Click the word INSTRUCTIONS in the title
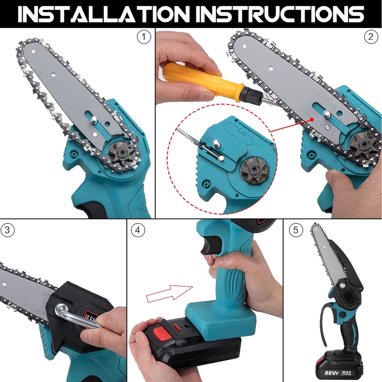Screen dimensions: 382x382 [280, 14]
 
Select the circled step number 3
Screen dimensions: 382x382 [7, 230]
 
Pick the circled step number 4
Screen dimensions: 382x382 [138, 230]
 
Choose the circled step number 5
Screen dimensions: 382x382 [296, 230]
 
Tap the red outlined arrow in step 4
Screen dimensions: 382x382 [169, 293]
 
